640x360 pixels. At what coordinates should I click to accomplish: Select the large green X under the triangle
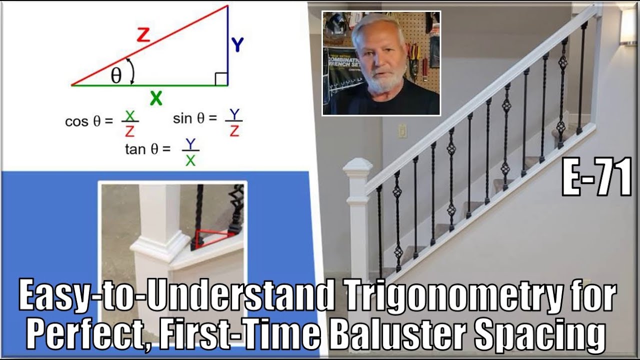pos(156,98)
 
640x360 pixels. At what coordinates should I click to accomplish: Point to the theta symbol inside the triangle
pos(116,75)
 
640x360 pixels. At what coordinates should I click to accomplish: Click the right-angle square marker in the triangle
pos(221,79)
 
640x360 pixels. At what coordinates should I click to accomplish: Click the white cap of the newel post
pos(357,167)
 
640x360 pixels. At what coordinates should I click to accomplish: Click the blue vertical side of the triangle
pos(227,45)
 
